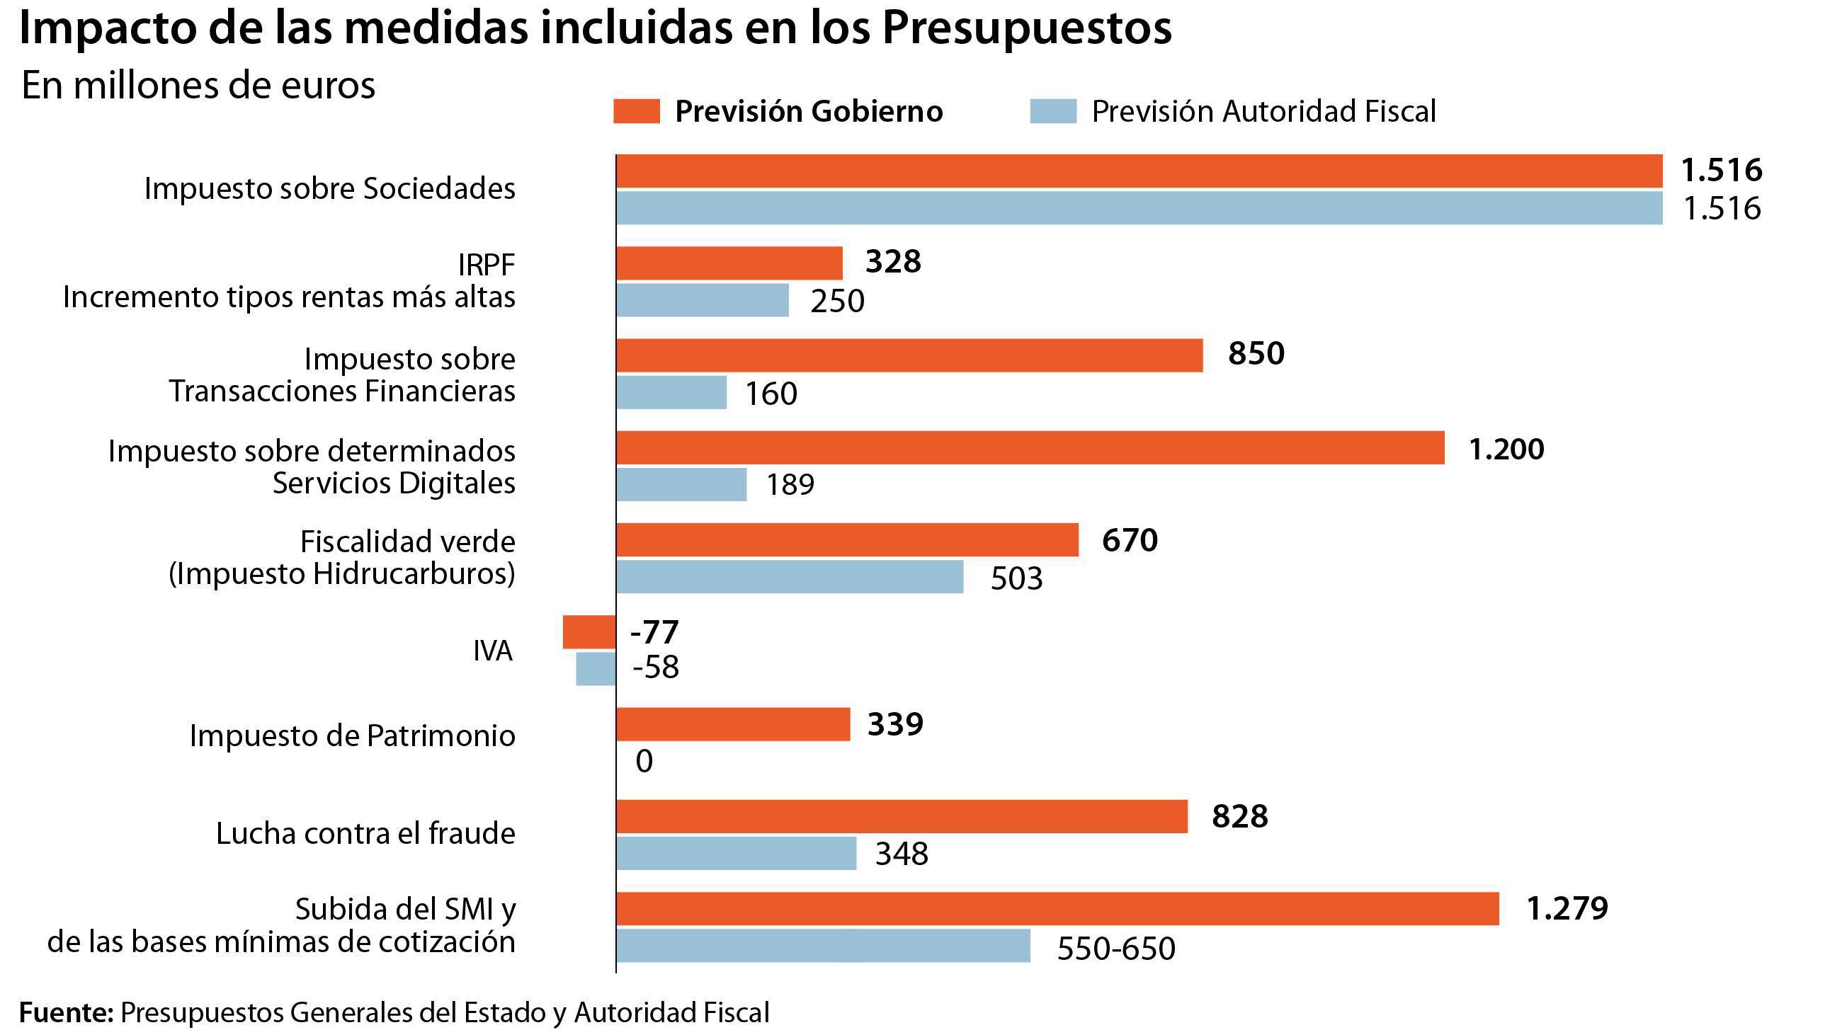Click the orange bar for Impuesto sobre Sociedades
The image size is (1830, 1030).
click(1139, 171)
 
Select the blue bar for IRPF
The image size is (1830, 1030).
click(703, 300)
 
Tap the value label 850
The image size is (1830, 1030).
click(1256, 354)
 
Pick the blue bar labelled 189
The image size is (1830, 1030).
click(681, 484)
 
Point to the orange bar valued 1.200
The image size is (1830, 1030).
click(1030, 448)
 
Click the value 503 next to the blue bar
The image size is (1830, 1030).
click(1016, 579)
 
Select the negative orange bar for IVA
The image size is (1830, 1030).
click(589, 631)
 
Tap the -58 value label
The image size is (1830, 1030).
click(656, 668)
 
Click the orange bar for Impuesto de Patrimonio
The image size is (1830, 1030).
click(733, 725)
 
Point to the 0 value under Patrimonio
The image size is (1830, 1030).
click(644, 762)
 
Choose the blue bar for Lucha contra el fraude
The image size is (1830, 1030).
click(736, 853)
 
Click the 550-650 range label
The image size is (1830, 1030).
click(1116, 949)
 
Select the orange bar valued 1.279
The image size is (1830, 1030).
click(1057, 908)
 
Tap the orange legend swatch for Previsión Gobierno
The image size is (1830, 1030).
click(637, 112)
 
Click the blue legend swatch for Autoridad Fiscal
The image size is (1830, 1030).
click(1053, 112)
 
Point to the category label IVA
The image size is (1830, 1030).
click(492, 651)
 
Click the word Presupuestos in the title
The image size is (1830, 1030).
click(1026, 28)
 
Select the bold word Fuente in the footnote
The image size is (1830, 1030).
click(66, 1012)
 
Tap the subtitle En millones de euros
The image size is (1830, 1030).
click(198, 86)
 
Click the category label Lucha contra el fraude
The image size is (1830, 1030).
click(365, 834)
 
